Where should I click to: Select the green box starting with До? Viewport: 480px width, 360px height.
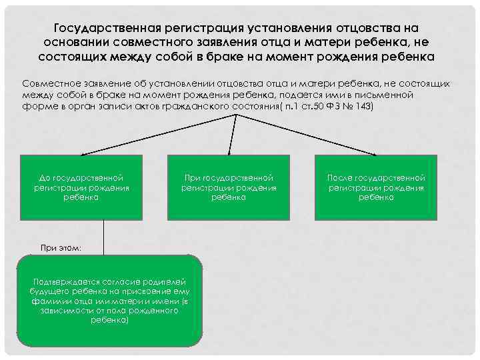click(x=82, y=188)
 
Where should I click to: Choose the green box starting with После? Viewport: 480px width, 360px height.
click(x=376, y=188)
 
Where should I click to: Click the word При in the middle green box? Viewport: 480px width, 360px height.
click(x=191, y=179)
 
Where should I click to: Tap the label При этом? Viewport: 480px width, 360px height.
click(x=61, y=248)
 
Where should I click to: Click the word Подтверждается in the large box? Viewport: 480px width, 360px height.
click(x=69, y=283)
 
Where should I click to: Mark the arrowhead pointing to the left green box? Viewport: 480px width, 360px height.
click(x=81, y=152)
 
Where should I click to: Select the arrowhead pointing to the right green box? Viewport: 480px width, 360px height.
click(x=375, y=152)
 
